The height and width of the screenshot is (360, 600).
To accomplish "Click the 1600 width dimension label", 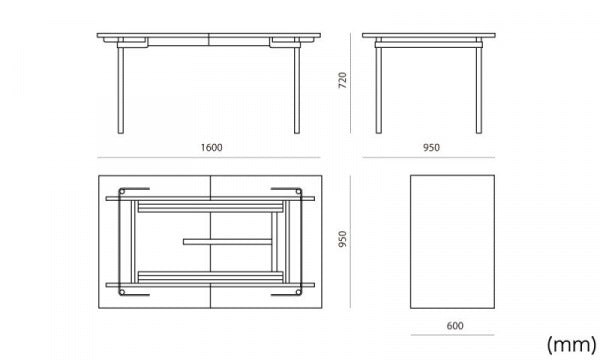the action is [212, 148].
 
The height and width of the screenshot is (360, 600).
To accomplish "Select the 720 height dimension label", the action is [342, 80].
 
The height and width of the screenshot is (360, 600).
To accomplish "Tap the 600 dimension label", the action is [455, 326].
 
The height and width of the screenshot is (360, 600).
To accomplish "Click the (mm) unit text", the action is [571, 344].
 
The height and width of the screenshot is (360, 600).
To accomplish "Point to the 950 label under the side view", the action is [431, 148].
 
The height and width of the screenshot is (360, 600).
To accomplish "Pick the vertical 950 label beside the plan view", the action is [342, 239].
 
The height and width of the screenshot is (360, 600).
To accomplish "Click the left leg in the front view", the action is [121, 90].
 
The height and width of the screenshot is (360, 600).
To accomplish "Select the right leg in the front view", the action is [297, 90].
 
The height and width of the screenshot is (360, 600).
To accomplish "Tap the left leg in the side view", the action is [378, 90].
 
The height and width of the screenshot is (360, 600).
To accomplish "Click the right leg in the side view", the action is [479, 90].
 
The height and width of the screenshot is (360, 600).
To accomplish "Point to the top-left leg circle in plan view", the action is [122, 191].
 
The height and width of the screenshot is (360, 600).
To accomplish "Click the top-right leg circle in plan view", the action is [298, 191].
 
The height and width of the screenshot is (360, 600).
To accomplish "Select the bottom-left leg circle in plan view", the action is [122, 292].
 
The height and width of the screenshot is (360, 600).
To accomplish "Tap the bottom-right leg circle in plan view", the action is [298, 292].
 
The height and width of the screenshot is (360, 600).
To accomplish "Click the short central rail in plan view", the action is [227, 242].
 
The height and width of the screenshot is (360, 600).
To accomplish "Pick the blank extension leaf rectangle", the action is [452, 242].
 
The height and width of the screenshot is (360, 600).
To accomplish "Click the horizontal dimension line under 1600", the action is [209, 157].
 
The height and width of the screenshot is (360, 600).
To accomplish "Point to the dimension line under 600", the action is [453, 335].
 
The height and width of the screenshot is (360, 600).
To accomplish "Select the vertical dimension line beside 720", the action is [350, 83].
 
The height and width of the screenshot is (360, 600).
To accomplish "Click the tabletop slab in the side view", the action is [429, 35].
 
